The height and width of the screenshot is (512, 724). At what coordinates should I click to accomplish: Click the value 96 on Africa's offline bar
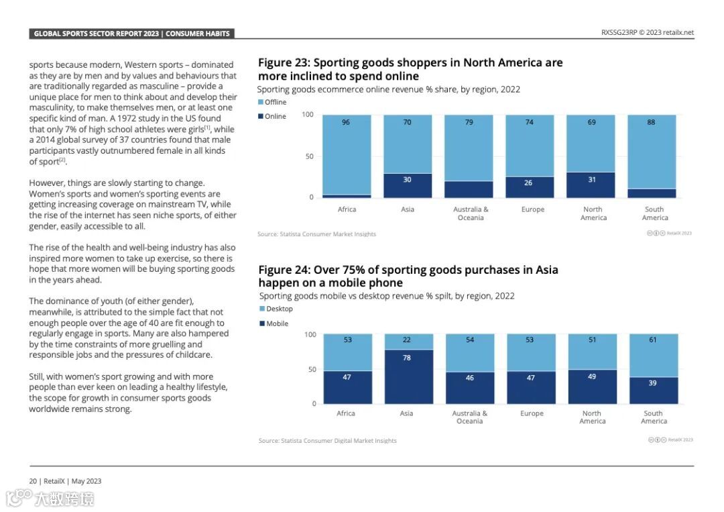coord(346,122)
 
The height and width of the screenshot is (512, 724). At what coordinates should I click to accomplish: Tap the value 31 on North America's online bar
coord(592,179)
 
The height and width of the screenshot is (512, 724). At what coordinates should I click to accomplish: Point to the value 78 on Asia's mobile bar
coord(407,358)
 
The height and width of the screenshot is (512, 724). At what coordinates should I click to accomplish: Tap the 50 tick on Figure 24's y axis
coord(311,369)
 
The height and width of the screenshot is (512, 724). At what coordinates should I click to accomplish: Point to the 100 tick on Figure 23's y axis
coord(308,115)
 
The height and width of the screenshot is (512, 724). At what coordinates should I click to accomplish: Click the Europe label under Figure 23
coord(533,209)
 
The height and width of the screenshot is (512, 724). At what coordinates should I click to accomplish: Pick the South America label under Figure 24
coord(654,417)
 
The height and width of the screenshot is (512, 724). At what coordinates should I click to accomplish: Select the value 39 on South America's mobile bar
coord(653,382)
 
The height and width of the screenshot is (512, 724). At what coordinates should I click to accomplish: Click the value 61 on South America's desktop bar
coord(653,340)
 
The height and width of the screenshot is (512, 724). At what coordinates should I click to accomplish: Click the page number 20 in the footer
coord(32,481)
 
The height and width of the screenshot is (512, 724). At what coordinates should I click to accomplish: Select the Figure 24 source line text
coord(327,441)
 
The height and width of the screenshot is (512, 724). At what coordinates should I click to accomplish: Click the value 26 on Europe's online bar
coord(528,183)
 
